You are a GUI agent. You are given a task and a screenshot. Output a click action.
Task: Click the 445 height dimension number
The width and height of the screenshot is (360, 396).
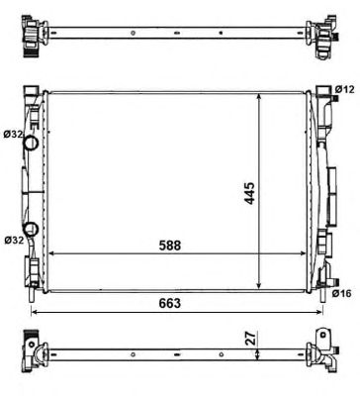[250, 193]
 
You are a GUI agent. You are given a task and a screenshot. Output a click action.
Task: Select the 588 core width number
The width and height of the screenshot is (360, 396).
[170, 246]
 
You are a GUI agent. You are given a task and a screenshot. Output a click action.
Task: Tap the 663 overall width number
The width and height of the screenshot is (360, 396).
[170, 303]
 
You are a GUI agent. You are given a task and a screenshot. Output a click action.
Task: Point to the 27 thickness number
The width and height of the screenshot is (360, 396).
[251, 339]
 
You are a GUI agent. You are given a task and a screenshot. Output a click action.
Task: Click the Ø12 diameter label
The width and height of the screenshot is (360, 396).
[344, 89]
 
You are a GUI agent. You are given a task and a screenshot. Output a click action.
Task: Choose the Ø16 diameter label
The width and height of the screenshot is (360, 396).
[342, 293]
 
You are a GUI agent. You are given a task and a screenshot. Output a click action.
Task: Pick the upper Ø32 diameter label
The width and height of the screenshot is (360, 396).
[13, 134]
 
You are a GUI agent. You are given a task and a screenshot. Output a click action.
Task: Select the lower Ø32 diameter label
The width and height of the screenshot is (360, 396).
[14, 240]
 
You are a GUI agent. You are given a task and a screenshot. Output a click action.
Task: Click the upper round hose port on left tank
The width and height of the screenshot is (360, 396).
[31, 143]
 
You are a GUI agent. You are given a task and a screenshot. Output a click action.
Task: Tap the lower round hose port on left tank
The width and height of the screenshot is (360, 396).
[31, 229]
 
